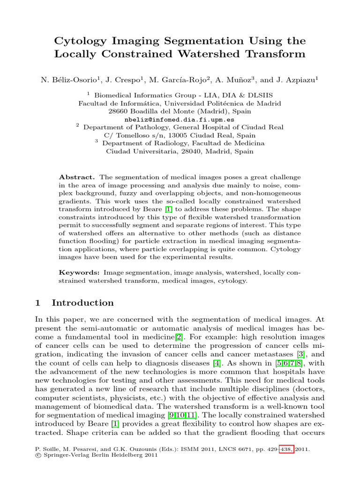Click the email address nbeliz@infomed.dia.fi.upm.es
click(x=180, y=120)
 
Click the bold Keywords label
click(x=79, y=272)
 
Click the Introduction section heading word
click(x=82, y=303)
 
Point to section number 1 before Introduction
click(x=38, y=303)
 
